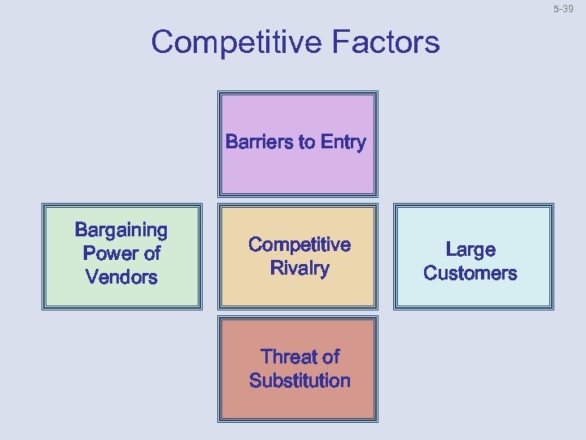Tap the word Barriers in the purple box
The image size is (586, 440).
[259, 143]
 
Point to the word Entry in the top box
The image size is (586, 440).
[343, 143]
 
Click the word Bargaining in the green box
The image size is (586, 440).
[121, 231]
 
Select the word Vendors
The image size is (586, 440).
[121, 277]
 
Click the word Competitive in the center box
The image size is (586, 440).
[299, 245]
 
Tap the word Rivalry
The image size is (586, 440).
[299, 269]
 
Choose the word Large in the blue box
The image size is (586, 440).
[470, 249]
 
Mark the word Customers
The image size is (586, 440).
[470, 273]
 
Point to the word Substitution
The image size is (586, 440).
[300, 381]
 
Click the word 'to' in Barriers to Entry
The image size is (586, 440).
[307, 143]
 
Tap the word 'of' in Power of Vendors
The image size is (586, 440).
[151, 253]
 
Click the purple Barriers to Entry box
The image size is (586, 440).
[297, 171]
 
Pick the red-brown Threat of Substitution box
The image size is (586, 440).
[297, 403]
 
